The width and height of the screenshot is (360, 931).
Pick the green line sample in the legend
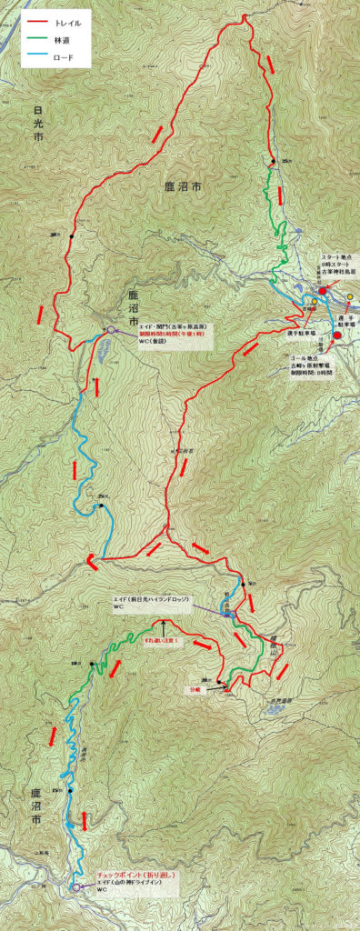point(37,40)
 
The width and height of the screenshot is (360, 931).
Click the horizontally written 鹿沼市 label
point(183,186)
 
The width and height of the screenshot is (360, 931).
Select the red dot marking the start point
point(323,291)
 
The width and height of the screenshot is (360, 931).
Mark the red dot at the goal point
point(337,335)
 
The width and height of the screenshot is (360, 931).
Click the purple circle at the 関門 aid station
point(111,330)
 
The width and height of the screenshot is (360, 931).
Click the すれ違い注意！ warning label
point(163,642)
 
